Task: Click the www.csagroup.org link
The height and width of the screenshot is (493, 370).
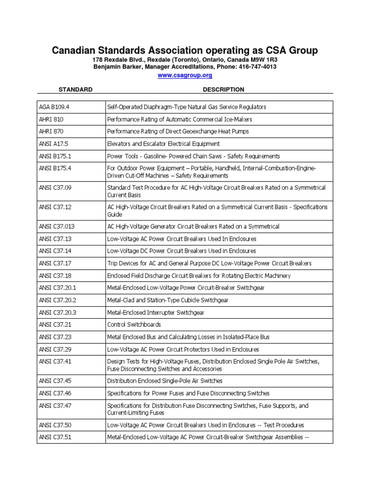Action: pyautogui.click(x=185, y=76)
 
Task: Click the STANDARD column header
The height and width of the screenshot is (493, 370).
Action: pyautogui.click(x=75, y=90)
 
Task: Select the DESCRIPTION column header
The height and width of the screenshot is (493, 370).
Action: pyautogui.click(x=224, y=90)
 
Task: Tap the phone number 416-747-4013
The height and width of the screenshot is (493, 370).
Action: pyautogui.click(x=257, y=67)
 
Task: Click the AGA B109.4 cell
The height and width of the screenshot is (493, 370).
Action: pyautogui.click(x=54, y=107)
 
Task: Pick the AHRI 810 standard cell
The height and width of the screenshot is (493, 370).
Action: pyautogui.click(x=51, y=119)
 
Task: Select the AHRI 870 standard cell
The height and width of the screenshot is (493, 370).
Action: pyautogui.click(x=51, y=131)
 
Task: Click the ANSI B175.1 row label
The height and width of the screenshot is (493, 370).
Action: pyautogui.click(x=56, y=156)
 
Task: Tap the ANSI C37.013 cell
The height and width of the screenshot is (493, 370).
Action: pyautogui.click(x=57, y=226)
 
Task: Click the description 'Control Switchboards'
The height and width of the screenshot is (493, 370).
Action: pyautogui.click(x=134, y=325)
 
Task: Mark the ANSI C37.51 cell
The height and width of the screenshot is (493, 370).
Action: pyautogui.click(x=56, y=437)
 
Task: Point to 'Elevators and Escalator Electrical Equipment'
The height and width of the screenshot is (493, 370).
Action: pyautogui.click(x=163, y=144)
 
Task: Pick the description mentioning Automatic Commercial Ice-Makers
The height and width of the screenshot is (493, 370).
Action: pyautogui.click(x=179, y=119)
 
